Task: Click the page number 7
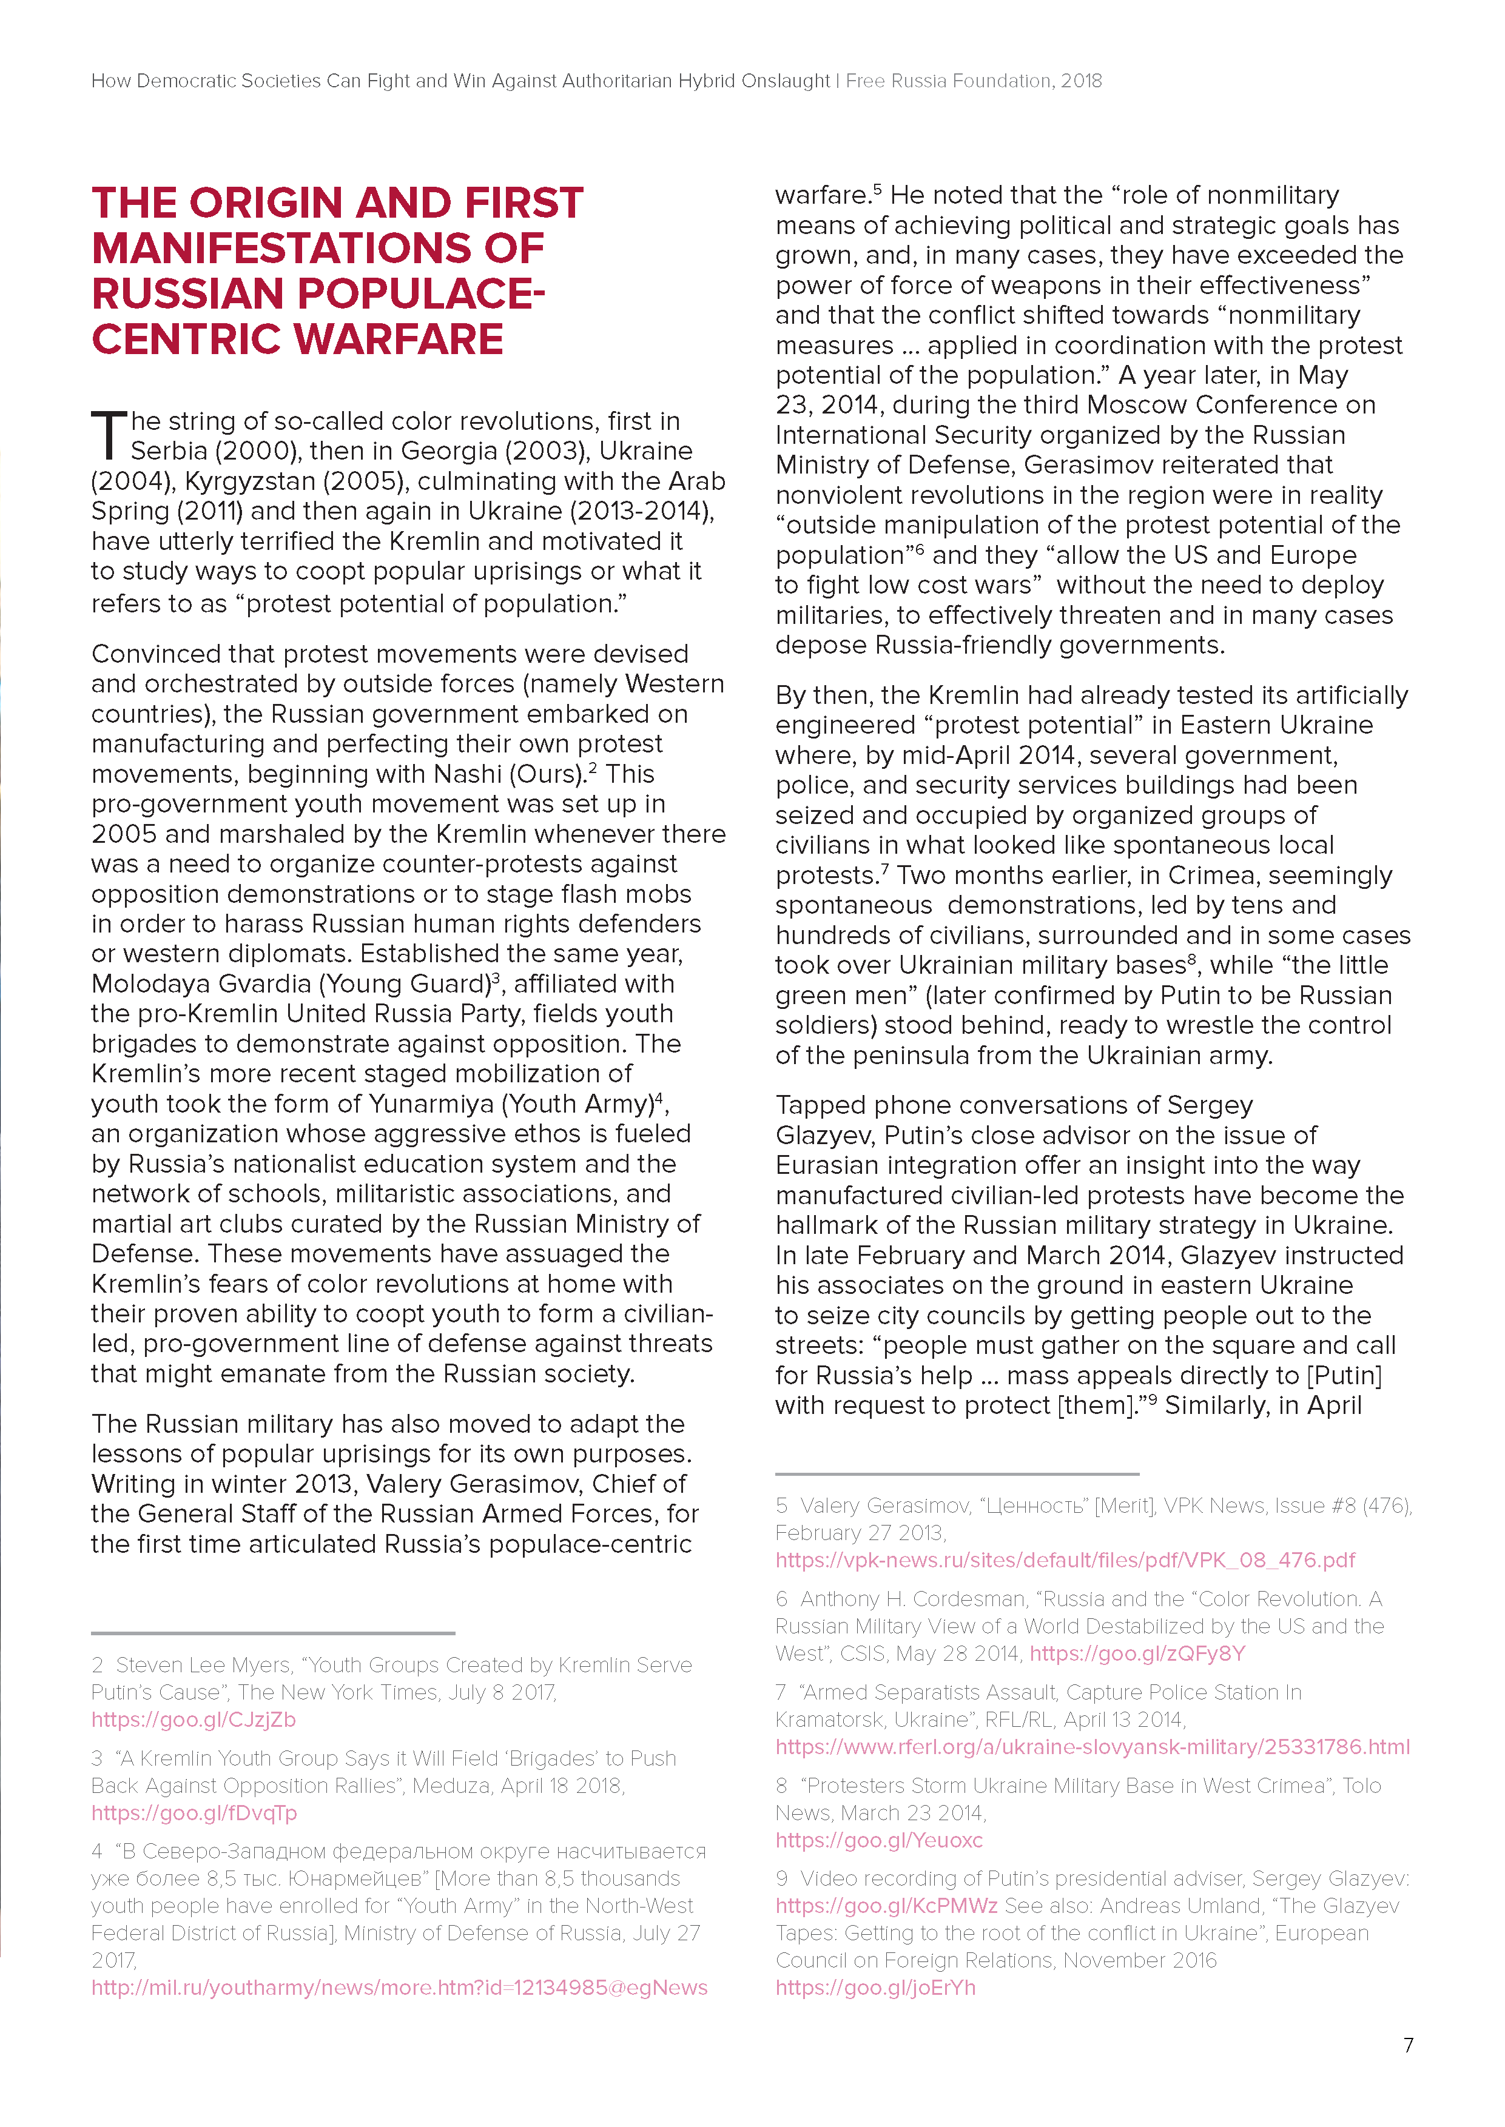[1408, 2045]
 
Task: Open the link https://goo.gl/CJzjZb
[193, 1720]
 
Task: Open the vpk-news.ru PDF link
[1065, 1560]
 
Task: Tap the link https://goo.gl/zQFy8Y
[1137, 1653]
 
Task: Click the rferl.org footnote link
[1092, 1747]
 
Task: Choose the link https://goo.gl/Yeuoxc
[878, 1840]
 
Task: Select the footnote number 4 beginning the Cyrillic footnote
[97, 1851]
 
